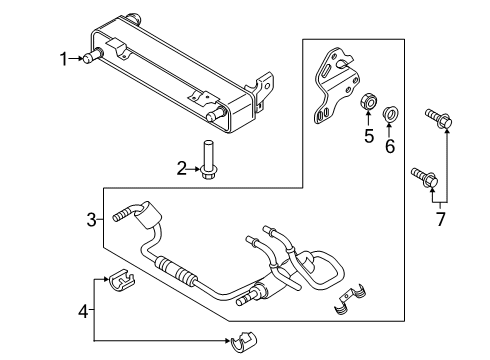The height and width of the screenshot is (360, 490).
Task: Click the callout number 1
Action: (63, 59)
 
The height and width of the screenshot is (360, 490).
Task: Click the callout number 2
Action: (182, 168)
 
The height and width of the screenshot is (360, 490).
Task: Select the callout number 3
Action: (90, 219)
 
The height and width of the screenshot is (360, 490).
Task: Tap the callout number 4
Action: (83, 311)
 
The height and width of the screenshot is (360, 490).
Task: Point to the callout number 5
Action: (367, 136)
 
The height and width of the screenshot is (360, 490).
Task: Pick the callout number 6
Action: (390, 146)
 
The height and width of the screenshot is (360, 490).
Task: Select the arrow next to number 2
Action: (194, 168)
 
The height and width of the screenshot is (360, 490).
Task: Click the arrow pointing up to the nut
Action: (367, 121)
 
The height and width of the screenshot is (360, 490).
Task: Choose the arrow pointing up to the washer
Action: (390, 128)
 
